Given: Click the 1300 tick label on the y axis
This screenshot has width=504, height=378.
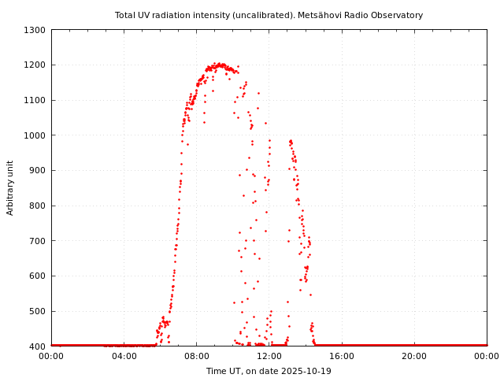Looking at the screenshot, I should pos(35,30).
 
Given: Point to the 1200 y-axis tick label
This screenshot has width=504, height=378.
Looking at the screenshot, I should pos(35,65).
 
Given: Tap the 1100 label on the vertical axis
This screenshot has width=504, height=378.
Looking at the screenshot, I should pos(35,100).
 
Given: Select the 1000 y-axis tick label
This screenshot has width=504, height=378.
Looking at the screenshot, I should pos(35,135).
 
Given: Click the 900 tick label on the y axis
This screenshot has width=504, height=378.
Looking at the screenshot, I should pos(37,170).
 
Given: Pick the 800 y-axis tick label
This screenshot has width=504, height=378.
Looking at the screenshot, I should pos(37,206).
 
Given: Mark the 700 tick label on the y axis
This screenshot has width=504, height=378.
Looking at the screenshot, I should pos(37,241).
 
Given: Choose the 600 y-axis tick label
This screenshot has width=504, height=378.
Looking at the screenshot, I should pos(37,276).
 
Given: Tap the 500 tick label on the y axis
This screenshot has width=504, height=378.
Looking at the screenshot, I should pos(37,311).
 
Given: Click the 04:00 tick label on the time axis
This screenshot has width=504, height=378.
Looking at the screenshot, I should pos(124,356).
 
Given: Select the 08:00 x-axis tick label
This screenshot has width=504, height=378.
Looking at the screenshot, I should pos(196,356).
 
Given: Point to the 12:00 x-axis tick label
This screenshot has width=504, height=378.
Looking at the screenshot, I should pos(269,356).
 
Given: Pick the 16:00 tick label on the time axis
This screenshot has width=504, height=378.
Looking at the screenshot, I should pos(342,356).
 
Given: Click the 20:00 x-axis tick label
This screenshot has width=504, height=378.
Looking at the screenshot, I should pos(414,356).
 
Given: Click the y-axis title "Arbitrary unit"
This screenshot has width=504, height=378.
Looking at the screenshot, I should pos(11,188).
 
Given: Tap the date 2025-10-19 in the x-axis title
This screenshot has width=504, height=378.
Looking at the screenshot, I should pos(307,371).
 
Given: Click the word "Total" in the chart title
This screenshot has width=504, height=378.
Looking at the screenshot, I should pos(125,15).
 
